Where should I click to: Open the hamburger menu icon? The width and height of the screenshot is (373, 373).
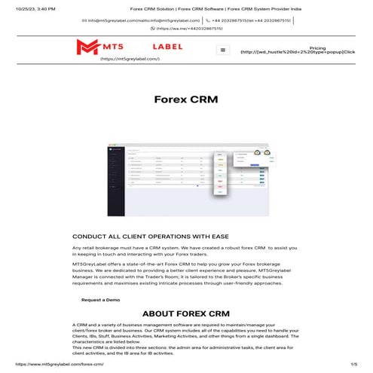222,50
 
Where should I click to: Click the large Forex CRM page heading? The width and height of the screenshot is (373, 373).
186,99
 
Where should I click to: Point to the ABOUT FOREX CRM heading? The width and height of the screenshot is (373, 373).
186,314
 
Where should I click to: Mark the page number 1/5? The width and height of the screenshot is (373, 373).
353,364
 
